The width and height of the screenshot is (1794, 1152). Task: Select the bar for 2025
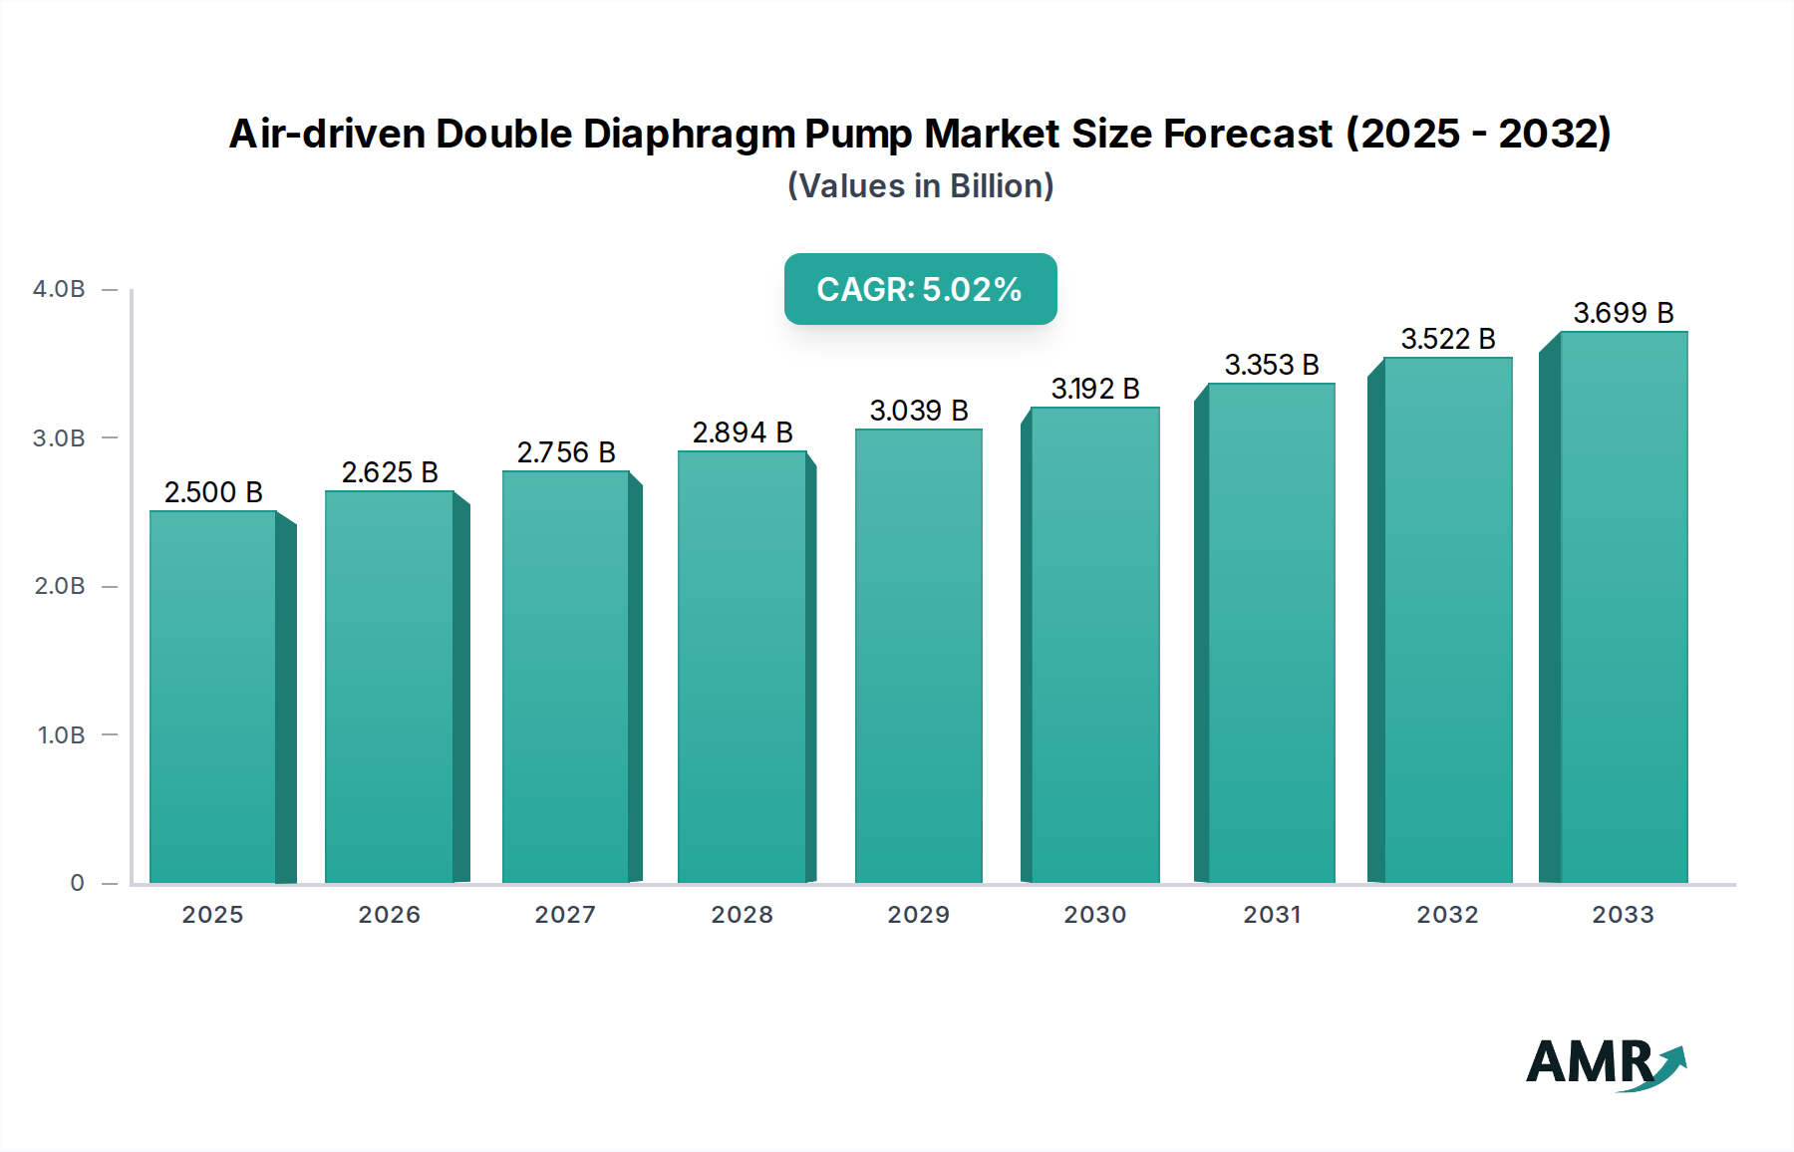(x=213, y=698)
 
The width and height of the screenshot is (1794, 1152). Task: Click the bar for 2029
(x=918, y=658)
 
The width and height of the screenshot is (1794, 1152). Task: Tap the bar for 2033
(x=1623, y=608)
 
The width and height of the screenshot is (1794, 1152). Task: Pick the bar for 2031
(x=1271, y=634)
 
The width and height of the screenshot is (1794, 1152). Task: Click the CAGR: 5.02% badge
(x=920, y=289)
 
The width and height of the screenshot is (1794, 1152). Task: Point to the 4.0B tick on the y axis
(x=60, y=289)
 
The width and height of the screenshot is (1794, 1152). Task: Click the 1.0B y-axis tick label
(x=62, y=735)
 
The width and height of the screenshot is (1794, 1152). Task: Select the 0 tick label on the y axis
(x=77, y=883)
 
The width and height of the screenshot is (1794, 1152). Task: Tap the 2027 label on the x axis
(x=565, y=915)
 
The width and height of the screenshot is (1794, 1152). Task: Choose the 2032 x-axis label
(x=1447, y=915)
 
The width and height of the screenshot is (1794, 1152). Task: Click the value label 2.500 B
(x=213, y=492)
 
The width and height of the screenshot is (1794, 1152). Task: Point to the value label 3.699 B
(x=1623, y=313)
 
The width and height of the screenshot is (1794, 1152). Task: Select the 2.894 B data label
(x=743, y=432)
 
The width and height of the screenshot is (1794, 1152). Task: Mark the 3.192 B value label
(x=1095, y=389)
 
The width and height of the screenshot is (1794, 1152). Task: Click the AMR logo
(x=1606, y=1063)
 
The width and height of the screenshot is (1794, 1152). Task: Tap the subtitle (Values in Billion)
(x=920, y=186)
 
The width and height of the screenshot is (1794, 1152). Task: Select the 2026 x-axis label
(x=389, y=915)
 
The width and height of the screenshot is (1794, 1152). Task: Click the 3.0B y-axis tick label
(x=60, y=438)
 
